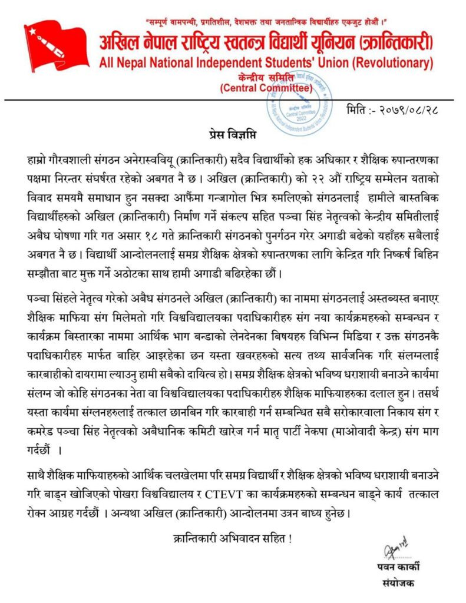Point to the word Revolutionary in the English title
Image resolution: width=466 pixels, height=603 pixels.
pos(390,62)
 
